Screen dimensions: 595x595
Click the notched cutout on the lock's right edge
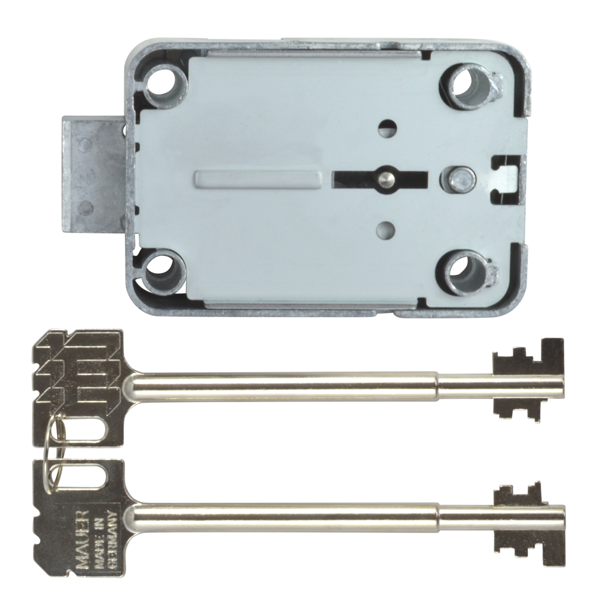coord(503,176)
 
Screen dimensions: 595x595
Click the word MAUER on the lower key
coord(83,525)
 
